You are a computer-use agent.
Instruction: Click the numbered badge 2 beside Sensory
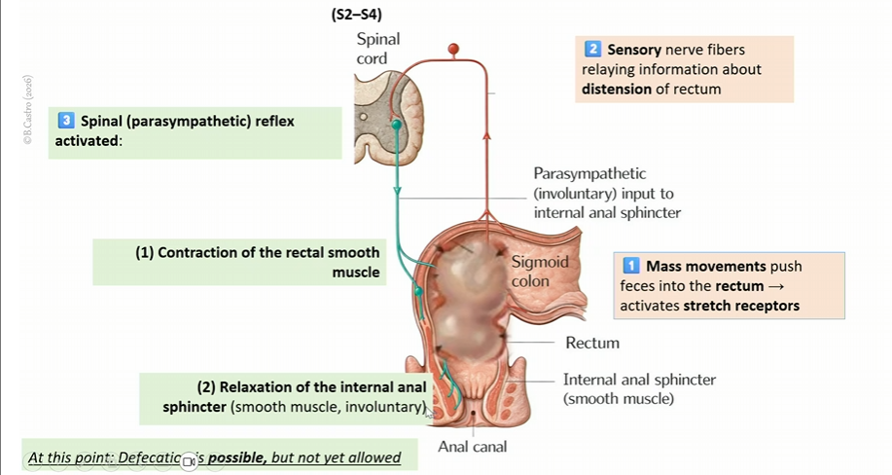coord(591,49)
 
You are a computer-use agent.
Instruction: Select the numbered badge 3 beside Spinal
coord(66,122)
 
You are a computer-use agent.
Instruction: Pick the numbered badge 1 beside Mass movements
coord(630,266)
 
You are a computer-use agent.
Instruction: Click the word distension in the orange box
coord(617,90)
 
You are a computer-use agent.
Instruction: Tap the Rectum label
coord(592,343)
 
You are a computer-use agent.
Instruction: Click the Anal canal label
coord(472,448)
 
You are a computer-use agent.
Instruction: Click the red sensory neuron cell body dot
coord(451,48)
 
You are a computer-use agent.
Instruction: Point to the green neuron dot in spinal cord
coord(396,126)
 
